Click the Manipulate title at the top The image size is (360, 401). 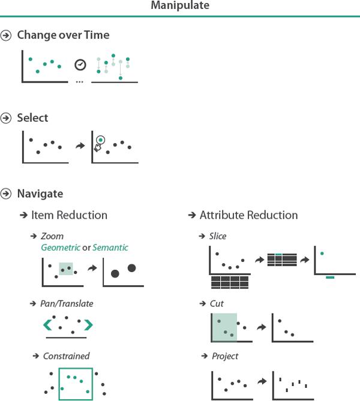click(x=180, y=6)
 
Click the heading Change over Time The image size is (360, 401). click(x=63, y=35)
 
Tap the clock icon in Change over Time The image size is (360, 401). click(x=80, y=64)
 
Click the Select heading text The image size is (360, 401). click(x=32, y=118)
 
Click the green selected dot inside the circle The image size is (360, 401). click(x=100, y=140)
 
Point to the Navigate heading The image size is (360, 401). click(x=40, y=194)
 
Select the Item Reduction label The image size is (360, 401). click(x=69, y=215)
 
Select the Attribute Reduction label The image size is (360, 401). click(x=248, y=215)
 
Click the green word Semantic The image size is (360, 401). click(x=110, y=248)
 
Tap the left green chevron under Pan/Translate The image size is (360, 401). click(x=47, y=325)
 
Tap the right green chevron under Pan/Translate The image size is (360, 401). click(x=88, y=325)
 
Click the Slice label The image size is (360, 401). click(x=218, y=236)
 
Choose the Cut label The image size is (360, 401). click(x=217, y=304)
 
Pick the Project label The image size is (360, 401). click(x=224, y=356)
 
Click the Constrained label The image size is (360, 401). click(x=66, y=356)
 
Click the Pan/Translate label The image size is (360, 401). click(x=67, y=304)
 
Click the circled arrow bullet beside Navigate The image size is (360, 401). click(x=7, y=194)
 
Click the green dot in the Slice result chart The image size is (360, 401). click(x=322, y=254)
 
